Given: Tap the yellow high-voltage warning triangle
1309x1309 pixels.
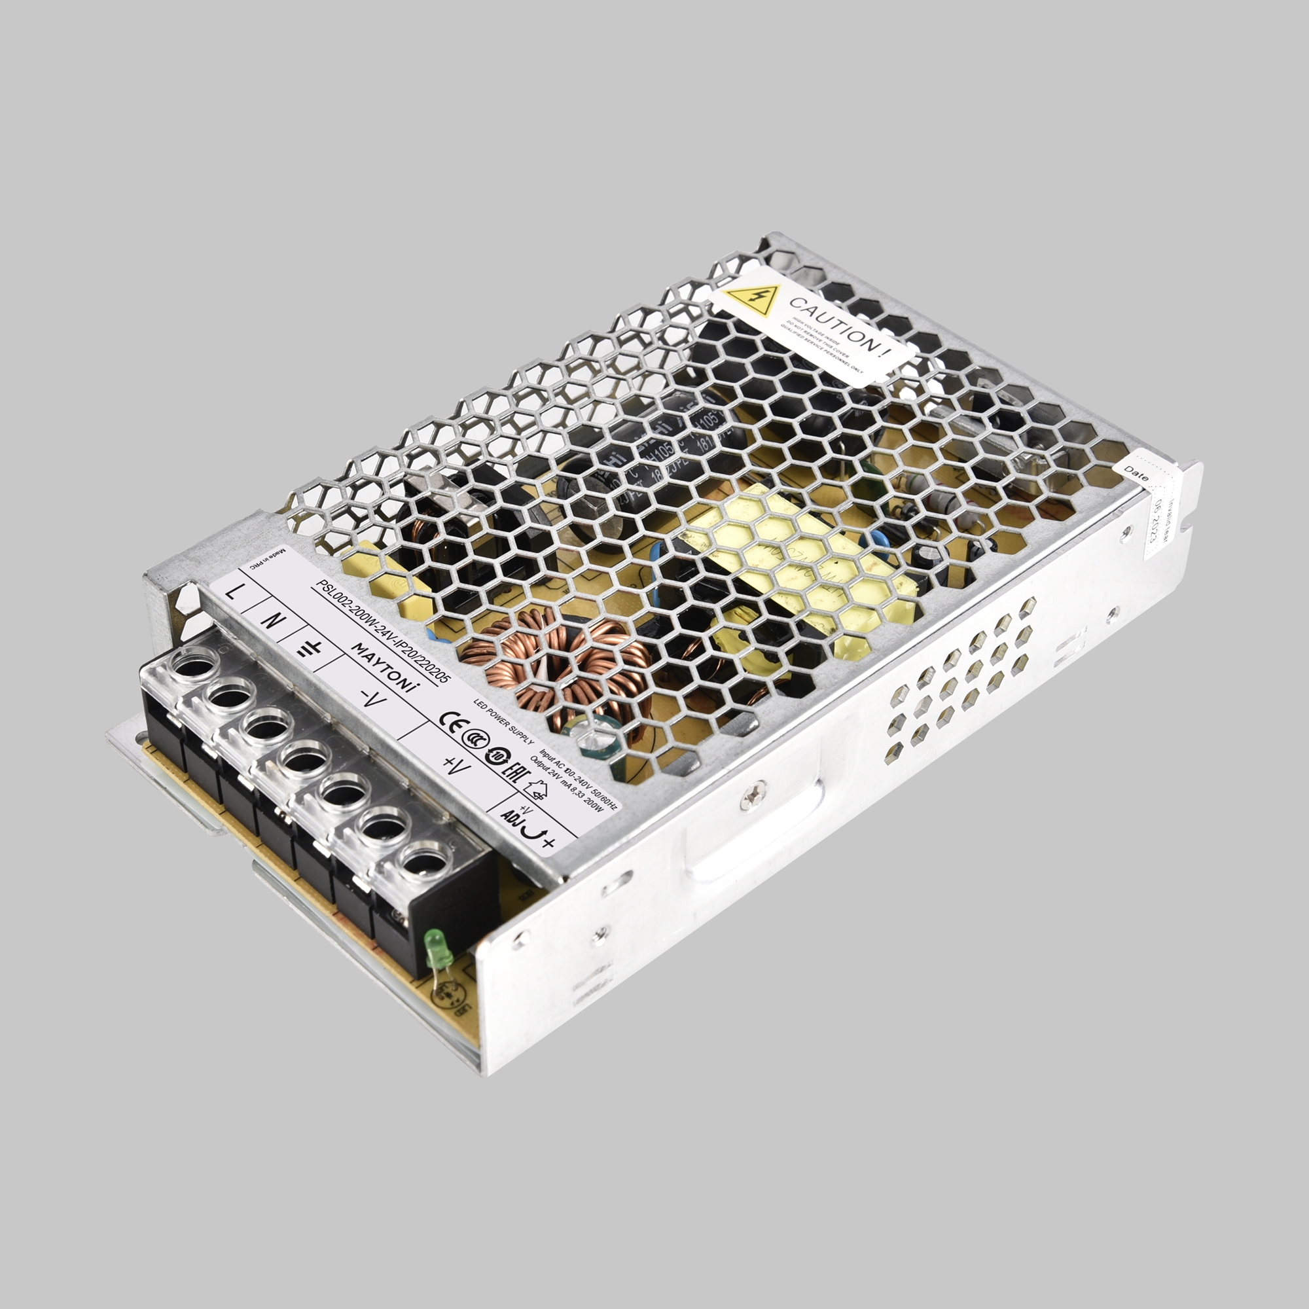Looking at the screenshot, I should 751,299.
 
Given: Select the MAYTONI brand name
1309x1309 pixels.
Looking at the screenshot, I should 384,668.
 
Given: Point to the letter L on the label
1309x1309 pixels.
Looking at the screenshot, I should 232,592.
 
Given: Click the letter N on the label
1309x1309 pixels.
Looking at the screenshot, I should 270,619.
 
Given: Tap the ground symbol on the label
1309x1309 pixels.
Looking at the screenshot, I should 310,649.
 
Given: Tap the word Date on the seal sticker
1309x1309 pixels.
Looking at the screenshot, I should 1136,473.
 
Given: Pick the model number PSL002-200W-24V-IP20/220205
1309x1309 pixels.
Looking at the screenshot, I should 384,632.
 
